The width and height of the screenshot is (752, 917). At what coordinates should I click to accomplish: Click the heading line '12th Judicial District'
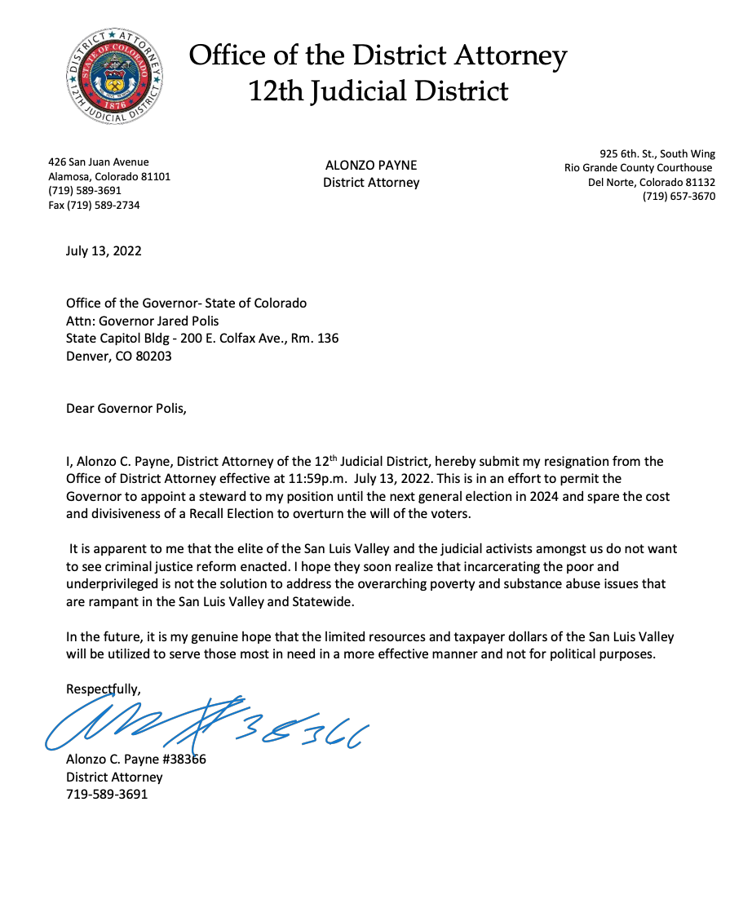pyautogui.click(x=378, y=91)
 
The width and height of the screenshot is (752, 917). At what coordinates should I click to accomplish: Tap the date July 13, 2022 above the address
pyautogui.click(x=104, y=250)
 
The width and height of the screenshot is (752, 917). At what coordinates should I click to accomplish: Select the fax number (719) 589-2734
pyautogui.click(x=94, y=206)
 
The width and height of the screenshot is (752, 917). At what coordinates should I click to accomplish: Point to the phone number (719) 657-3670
pyautogui.click(x=679, y=196)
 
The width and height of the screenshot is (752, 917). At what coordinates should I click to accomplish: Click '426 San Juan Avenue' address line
pyautogui.click(x=99, y=162)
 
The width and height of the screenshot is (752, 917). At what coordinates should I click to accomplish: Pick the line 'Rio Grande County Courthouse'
pyautogui.click(x=638, y=168)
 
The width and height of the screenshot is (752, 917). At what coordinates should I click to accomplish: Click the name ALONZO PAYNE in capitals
pyautogui.click(x=371, y=165)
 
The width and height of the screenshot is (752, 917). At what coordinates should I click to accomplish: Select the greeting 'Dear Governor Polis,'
pyautogui.click(x=126, y=408)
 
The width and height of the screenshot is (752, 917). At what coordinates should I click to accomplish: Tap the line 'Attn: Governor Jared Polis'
pyautogui.click(x=143, y=321)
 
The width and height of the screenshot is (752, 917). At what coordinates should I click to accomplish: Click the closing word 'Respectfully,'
pyautogui.click(x=104, y=689)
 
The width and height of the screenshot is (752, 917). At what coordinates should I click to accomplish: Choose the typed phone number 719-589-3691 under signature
pyautogui.click(x=107, y=793)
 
